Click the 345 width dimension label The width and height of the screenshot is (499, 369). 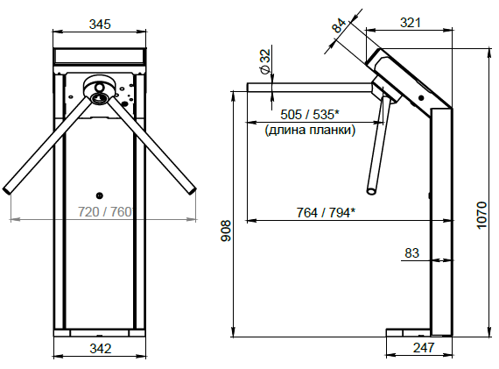[x=100, y=25]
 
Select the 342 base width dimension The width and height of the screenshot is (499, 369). [x=101, y=348]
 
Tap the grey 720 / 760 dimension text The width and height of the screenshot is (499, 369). [x=105, y=211]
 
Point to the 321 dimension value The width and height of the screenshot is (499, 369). [x=411, y=23]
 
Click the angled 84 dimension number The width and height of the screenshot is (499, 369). [x=340, y=25]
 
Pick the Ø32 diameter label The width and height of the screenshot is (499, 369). [x=264, y=60]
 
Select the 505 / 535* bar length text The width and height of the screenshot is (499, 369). [x=310, y=115]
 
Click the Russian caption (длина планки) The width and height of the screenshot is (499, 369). [x=310, y=130]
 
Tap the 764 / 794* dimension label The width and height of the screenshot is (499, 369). [x=326, y=212]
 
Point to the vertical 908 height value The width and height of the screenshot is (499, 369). [x=226, y=231]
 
